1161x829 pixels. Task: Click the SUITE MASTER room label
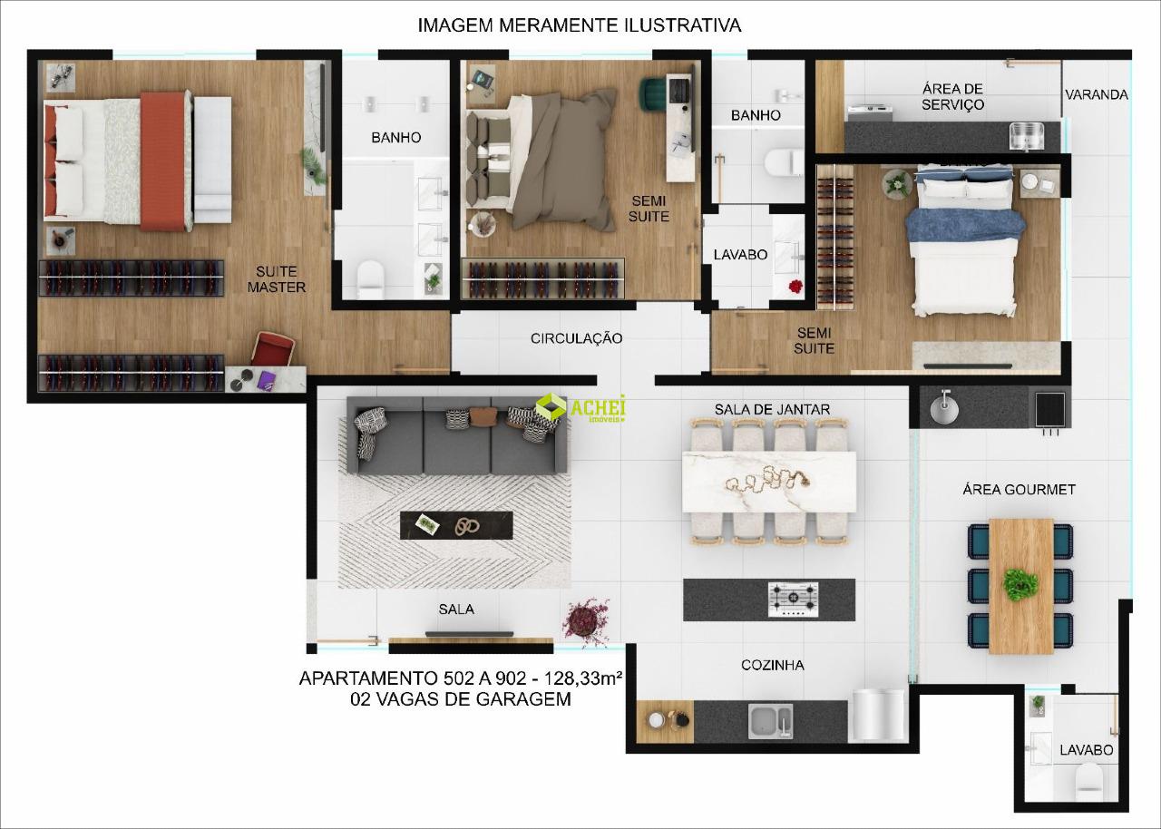[x=277, y=279]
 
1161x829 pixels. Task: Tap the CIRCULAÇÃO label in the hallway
[x=576, y=338]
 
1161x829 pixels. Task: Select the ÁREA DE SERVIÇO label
[x=952, y=97]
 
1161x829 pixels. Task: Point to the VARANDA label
[x=1097, y=95]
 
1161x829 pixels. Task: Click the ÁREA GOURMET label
[x=1019, y=490]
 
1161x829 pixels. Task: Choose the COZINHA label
[x=772, y=665]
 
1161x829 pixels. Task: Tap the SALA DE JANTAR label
[x=772, y=409]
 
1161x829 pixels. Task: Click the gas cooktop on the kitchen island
[x=793, y=600]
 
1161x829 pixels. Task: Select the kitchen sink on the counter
[x=770, y=721]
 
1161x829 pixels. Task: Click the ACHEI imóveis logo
[x=580, y=408]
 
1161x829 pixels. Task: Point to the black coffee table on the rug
[x=456, y=525]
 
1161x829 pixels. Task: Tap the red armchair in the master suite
[x=273, y=349]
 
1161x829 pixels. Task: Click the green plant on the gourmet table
[x=1020, y=585]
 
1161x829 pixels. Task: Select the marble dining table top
[x=769, y=482]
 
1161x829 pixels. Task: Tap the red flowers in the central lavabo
[x=795, y=287]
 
